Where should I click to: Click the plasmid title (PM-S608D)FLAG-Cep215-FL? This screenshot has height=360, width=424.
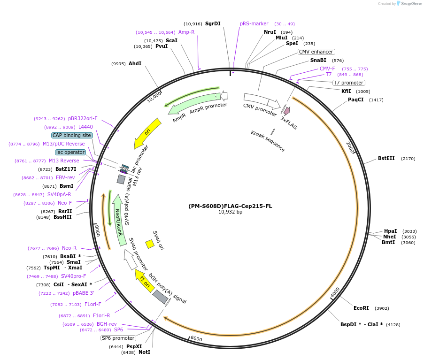coord(230,206)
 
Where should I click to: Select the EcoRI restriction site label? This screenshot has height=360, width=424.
coord(361,308)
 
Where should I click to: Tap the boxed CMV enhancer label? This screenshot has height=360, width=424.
coord(316,52)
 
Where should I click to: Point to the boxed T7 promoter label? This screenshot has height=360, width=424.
coord(348,83)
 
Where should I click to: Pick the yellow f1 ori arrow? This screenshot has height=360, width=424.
coord(144,280)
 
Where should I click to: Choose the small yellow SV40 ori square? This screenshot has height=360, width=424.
coord(150,244)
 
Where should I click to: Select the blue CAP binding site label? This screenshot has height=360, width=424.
coord(72,135)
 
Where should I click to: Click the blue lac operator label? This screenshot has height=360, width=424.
coord(70,152)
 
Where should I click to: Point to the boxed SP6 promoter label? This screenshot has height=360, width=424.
coord(118,338)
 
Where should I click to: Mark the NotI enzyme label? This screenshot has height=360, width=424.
coord(145,352)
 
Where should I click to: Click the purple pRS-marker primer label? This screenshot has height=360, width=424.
coord(254,23)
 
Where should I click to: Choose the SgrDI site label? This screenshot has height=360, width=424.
coord(213,23)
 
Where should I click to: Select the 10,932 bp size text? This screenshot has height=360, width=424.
coord(230,212)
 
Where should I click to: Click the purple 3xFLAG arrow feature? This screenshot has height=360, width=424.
coord(286,111)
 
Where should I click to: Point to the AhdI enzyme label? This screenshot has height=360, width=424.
coord(135,64)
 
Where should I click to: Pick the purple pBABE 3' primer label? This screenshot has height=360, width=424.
coord(84,293)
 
